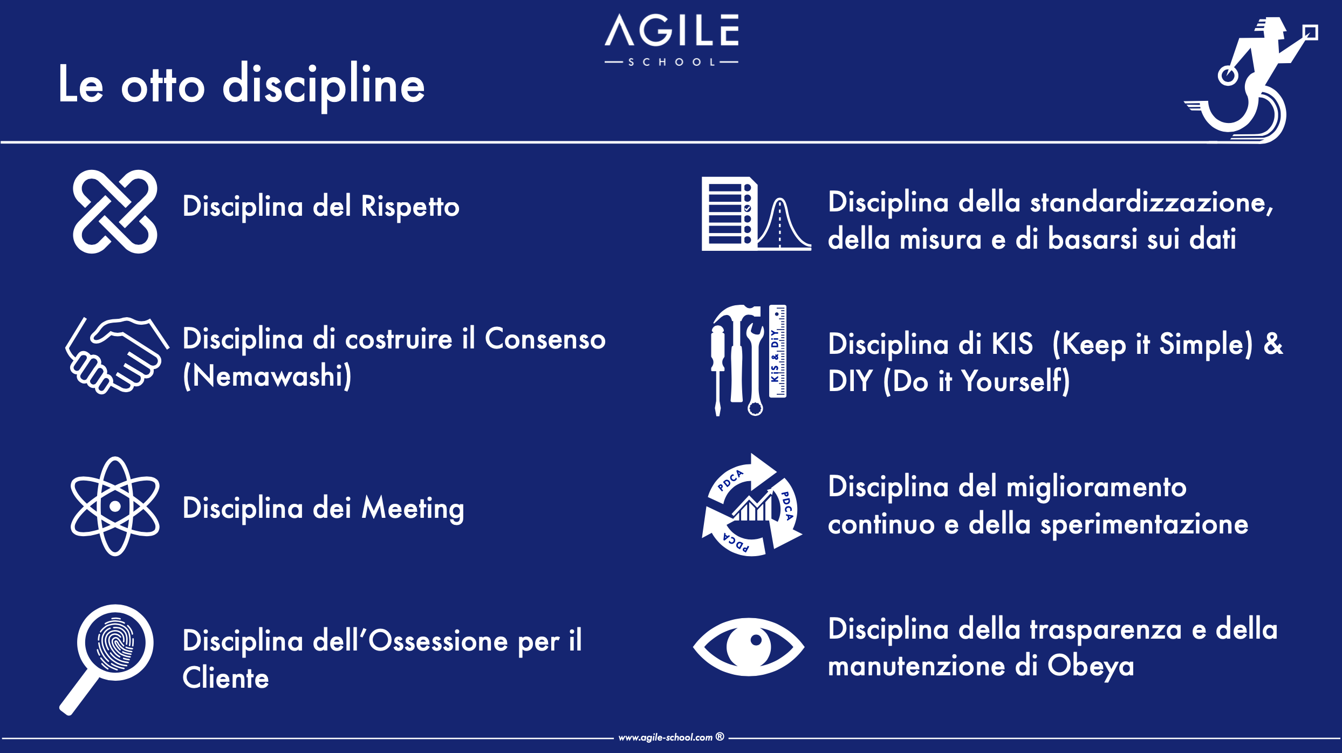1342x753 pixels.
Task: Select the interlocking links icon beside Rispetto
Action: point(115,211)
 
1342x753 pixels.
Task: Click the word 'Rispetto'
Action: point(410,207)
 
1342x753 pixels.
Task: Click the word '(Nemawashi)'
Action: point(267,376)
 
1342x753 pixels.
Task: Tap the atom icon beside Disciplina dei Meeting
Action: point(115,506)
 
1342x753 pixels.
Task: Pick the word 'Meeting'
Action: point(413,509)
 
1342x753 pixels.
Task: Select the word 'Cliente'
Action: point(225,678)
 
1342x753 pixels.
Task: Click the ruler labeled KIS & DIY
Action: point(777,351)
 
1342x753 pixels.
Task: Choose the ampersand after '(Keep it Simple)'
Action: point(1273,344)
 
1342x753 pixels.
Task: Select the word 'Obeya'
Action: point(1091,666)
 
